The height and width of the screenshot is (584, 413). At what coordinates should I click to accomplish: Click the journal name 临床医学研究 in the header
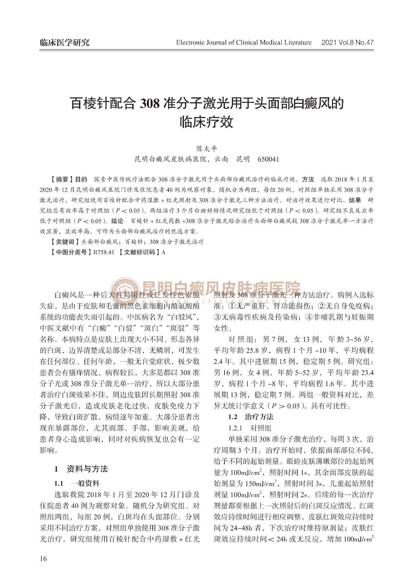point(65,43)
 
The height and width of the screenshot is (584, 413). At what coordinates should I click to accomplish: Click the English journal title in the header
point(244,43)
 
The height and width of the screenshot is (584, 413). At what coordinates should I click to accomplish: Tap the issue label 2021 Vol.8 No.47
point(347,43)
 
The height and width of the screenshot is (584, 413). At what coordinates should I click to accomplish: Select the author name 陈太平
point(207,149)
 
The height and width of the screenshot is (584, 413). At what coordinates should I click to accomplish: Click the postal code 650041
point(268,159)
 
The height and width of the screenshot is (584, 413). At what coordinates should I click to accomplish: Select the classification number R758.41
point(104,252)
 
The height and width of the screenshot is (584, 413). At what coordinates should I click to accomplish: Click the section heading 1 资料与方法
point(81,469)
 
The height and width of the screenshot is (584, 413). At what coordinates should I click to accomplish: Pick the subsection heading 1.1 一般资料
point(77,483)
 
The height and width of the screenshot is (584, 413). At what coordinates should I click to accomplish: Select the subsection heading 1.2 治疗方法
point(251,417)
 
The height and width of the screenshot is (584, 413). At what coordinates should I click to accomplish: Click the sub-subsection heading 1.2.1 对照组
point(250,428)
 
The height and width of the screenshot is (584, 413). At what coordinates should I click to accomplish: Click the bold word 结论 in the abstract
point(117,221)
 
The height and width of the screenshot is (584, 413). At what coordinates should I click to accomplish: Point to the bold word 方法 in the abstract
point(308,179)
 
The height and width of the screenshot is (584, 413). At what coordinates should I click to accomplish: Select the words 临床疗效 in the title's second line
point(206,123)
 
